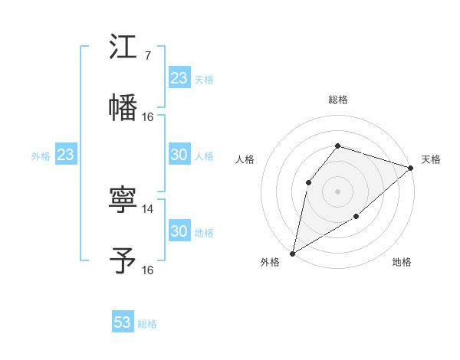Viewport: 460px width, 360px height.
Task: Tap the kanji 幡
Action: pos(123,106)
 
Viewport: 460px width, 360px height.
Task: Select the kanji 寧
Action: pos(123,200)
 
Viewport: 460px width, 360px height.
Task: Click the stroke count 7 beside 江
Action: pos(147,55)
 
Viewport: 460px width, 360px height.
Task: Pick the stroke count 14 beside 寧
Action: pos(148,208)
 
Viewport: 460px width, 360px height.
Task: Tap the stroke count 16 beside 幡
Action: pos(148,116)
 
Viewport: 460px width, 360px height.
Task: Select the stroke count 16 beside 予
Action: pos(148,270)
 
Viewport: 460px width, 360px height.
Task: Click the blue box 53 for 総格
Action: pos(123,322)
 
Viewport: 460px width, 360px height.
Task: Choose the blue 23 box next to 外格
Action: pos(66,155)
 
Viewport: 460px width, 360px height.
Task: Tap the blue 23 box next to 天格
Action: pos(179,78)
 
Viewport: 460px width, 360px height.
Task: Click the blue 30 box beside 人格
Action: pos(179,155)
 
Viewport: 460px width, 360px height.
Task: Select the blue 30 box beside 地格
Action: pos(179,231)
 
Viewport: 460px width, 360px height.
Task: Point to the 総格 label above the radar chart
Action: pos(337,100)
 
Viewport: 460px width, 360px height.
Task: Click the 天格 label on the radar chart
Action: pos(431,159)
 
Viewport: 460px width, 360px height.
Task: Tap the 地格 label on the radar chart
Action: pos(402,263)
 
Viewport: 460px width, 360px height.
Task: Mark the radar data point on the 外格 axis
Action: pos(292,253)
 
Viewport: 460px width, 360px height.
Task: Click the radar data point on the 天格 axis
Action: pos(411,167)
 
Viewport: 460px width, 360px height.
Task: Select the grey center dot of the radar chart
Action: pos(337,191)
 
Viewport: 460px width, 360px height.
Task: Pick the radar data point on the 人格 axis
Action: pos(308,182)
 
